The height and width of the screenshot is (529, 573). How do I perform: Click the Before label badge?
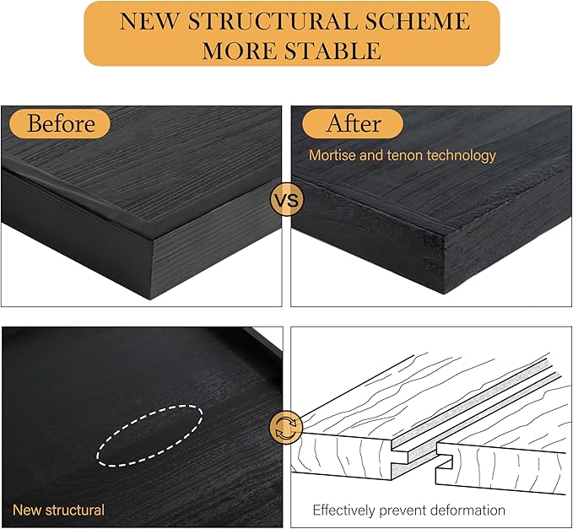pos(61,124)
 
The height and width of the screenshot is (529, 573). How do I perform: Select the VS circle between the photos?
pos(286,202)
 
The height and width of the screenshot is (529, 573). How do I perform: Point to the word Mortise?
pos(333,155)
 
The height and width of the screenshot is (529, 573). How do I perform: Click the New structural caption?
pos(58,510)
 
